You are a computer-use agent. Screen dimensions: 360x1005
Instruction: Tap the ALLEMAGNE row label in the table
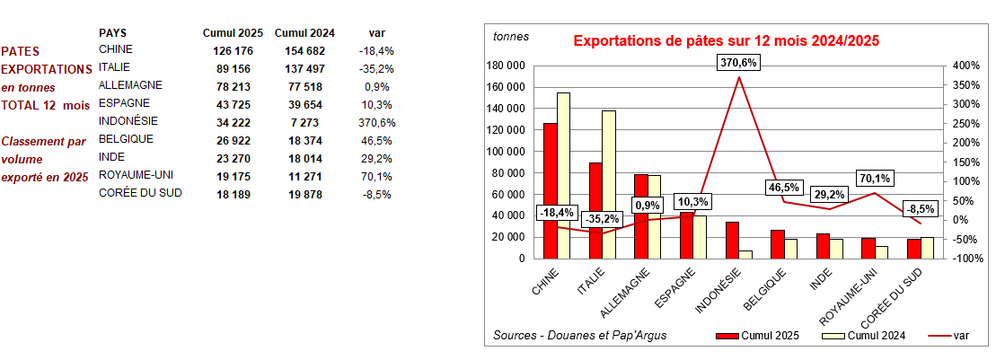(130, 85)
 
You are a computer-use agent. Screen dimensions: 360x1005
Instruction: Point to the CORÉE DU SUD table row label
(140, 193)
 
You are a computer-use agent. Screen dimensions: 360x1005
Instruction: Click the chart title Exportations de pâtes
(726, 40)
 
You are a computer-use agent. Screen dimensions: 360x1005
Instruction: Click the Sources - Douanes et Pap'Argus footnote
(580, 336)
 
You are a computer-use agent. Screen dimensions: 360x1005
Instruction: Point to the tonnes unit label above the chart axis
(511, 37)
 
